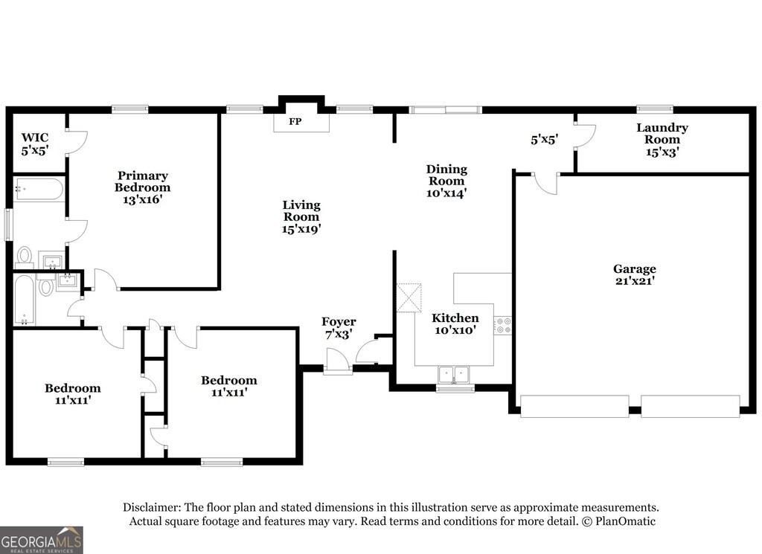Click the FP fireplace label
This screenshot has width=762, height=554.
[x=295, y=121]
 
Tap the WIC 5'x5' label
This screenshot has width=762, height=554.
[x=34, y=144]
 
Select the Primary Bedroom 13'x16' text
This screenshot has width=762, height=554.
[x=142, y=187]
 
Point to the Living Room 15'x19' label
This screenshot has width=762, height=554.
[x=301, y=216]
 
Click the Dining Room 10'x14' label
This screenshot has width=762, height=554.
[x=446, y=181]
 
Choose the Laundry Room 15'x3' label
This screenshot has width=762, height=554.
[x=662, y=139]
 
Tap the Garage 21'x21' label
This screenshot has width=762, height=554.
[x=634, y=274]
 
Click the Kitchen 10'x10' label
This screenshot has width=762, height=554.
[x=456, y=323]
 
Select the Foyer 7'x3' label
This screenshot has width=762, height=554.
[x=339, y=327]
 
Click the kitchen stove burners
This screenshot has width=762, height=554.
[x=502, y=324]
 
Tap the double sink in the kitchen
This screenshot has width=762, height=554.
[x=454, y=373]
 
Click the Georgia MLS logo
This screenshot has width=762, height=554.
[x=42, y=540]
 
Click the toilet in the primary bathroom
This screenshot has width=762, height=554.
[x=25, y=256]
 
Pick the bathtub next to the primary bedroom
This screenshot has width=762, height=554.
[x=39, y=189]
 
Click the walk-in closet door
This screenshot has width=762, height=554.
[x=77, y=142]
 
